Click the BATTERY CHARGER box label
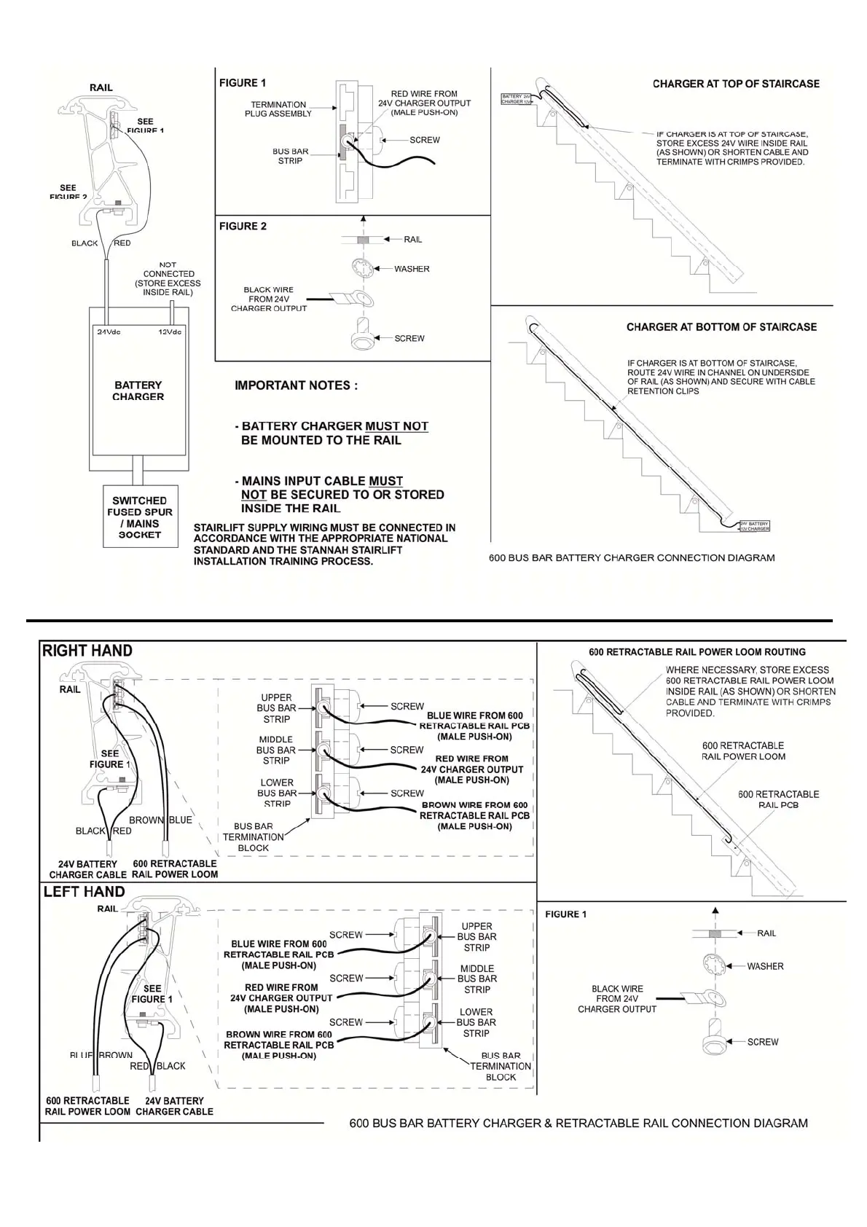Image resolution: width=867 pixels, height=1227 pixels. (138, 391)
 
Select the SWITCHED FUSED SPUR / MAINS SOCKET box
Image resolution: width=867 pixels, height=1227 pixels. (139, 517)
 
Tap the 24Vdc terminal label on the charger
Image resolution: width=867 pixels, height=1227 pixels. (109, 332)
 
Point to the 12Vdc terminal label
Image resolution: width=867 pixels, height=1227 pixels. (170, 332)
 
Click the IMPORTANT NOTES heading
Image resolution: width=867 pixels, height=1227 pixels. (296, 385)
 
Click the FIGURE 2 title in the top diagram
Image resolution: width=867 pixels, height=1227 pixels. (243, 227)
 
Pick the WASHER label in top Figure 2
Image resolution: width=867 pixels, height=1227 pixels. (412, 269)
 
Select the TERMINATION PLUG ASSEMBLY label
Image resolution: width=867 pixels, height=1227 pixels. (278, 109)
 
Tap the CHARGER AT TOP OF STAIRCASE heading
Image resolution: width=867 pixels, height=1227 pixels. (736, 84)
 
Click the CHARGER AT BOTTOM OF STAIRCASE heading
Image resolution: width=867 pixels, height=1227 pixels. (721, 327)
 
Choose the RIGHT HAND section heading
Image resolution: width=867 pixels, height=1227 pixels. (87, 651)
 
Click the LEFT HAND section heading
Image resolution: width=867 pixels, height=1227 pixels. (84, 892)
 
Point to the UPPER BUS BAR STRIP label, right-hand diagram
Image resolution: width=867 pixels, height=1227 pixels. (276, 708)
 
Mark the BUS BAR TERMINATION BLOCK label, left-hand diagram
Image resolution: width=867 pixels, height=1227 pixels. (501, 1067)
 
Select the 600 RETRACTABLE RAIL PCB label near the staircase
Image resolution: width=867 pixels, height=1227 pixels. (778, 799)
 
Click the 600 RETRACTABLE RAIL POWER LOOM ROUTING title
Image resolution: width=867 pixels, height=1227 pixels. (697, 652)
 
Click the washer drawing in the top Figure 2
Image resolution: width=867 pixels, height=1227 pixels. (362, 268)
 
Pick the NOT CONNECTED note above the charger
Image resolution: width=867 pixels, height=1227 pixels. (168, 279)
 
